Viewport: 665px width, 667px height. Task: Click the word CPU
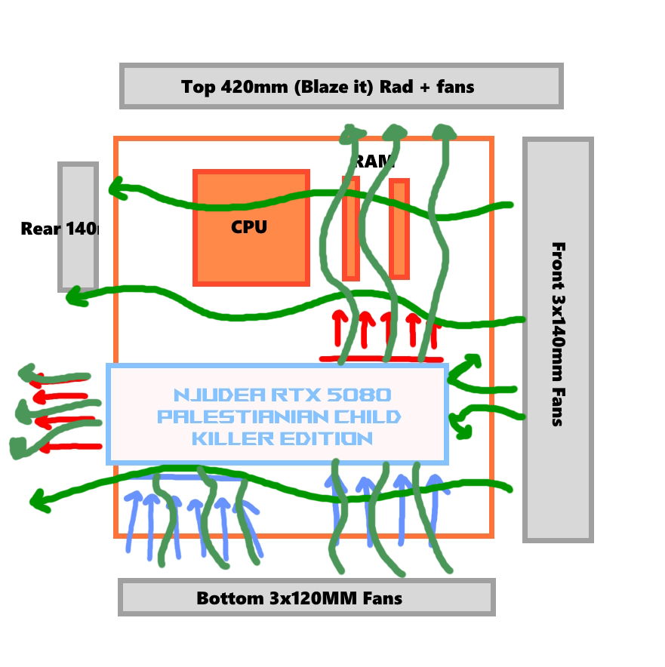(249, 227)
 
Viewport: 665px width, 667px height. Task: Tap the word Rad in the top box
(398, 87)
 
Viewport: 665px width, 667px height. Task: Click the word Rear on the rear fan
(41, 229)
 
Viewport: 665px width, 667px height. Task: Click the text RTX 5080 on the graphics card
(336, 395)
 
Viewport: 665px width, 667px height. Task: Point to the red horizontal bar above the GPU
(381, 358)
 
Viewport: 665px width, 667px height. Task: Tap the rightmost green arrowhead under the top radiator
(444, 133)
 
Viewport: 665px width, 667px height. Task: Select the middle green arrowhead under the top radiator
(394, 134)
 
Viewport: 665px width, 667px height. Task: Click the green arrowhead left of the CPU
(118, 188)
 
